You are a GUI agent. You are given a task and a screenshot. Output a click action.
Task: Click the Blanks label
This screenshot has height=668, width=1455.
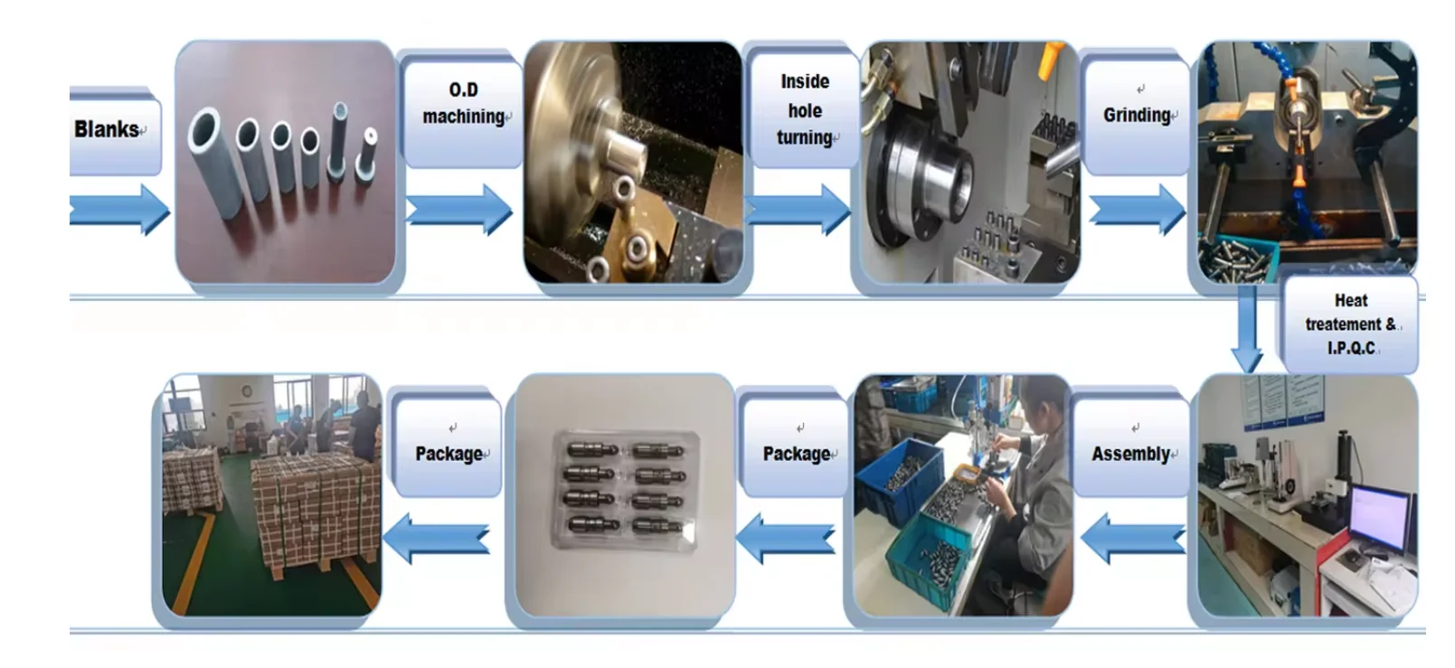pos(107,129)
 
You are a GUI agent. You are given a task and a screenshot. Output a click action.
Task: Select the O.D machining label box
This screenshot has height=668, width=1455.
pos(463,104)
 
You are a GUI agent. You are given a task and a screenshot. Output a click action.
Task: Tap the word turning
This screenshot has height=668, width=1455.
pos(804,137)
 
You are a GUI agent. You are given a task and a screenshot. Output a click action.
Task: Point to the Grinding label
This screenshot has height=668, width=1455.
pos(1137,115)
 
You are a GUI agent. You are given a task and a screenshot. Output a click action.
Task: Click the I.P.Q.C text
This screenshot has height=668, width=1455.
pos(1351,348)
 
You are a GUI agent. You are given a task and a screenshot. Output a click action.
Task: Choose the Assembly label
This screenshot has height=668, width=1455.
pos(1131,453)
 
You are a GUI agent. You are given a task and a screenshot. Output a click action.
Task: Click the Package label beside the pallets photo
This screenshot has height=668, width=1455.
pos(449,453)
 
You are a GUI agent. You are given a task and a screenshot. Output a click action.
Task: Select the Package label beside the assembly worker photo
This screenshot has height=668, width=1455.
pos(796,453)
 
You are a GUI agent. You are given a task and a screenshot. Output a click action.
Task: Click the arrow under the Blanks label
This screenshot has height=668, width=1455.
pos(118,209)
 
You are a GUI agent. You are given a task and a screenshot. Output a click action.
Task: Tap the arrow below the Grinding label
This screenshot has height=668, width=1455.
pos(1137,210)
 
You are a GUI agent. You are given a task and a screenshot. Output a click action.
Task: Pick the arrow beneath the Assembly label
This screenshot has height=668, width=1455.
pos(1132,538)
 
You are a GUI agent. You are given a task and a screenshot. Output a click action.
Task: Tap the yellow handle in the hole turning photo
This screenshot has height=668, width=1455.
pos(1049,61)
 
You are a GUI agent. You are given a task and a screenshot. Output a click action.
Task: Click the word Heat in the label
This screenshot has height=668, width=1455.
pos(1351,300)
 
